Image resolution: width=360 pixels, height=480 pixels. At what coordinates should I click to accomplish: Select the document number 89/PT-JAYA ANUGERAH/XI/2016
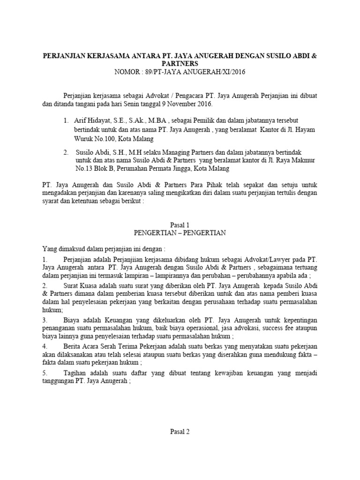pyautogui.click(x=198, y=72)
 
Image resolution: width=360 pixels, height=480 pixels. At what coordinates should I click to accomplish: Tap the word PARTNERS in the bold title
pyautogui.click(x=180, y=63)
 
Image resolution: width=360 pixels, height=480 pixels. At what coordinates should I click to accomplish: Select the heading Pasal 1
pyautogui.click(x=180, y=225)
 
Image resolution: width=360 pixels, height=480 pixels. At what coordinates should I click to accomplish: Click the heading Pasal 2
pyautogui.click(x=180, y=432)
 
